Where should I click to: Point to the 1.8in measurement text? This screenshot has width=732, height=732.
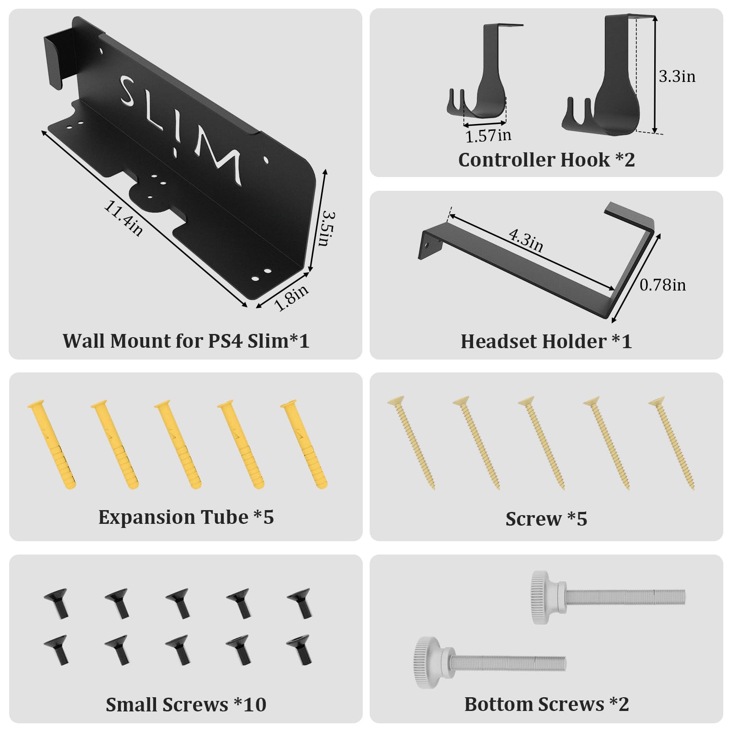pyautogui.click(x=291, y=297)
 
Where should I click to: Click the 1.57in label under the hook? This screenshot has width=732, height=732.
pyautogui.click(x=488, y=136)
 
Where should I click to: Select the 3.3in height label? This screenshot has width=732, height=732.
pyautogui.click(x=677, y=76)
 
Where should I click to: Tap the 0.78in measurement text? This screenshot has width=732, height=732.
pyautogui.click(x=662, y=285)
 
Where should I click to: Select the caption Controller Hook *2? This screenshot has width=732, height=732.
pyautogui.click(x=546, y=160)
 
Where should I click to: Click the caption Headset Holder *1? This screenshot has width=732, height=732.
pyautogui.click(x=546, y=341)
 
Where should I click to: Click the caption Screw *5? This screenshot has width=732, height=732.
pyautogui.click(x=546, y=519)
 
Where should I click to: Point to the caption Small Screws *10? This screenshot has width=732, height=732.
pyautogui.click(x=186, y=705)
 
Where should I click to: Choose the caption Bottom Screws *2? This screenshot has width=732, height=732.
pyautogui.click(x=546, y=704)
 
